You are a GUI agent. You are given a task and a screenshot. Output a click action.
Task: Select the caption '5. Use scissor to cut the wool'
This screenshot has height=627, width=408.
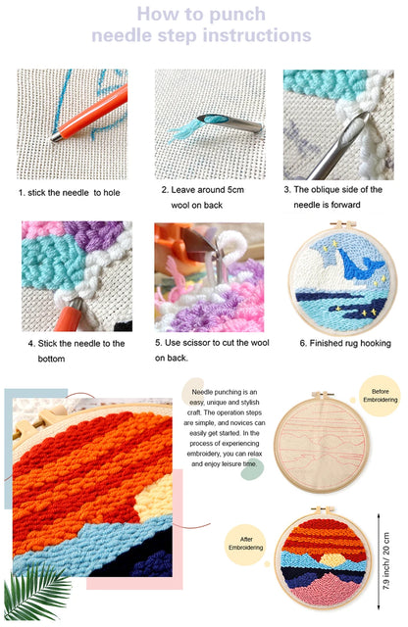[208, 351]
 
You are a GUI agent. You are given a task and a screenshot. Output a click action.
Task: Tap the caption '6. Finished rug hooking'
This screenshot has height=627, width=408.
[344, 343]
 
